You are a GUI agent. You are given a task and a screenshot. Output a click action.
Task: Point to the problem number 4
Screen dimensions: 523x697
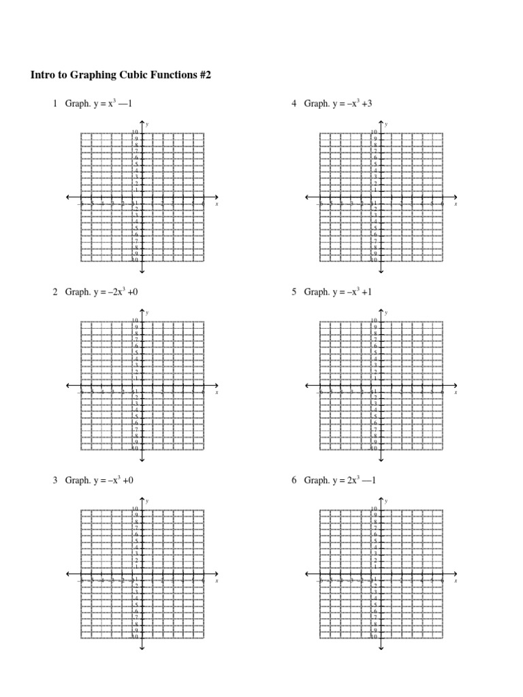[x=294, y=104]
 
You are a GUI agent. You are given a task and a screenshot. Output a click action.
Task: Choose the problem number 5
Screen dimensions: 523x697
[x=294, y=292]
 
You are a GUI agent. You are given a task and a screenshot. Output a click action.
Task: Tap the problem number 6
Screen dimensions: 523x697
[x=294, y=481]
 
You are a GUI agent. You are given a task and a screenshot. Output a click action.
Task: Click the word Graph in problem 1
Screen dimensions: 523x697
[x=78, y=104]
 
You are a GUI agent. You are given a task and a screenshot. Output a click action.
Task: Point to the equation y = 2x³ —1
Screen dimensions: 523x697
[x=354, y=481]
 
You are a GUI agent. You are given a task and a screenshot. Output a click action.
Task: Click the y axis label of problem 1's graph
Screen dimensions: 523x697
[x=147, y=124]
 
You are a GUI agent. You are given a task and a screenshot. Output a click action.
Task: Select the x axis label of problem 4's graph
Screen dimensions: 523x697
[x=456, y=204]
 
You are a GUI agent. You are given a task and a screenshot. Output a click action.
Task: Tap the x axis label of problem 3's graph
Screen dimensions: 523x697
[x=217, y=581]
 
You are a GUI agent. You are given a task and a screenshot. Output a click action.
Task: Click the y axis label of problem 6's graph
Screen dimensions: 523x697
[x=386, y=501]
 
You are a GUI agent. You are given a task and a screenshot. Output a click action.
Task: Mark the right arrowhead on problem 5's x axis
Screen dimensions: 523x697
[x=454, y=386]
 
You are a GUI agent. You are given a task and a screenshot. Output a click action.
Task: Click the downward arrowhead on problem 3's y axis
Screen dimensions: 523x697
[x=142, y=647]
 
